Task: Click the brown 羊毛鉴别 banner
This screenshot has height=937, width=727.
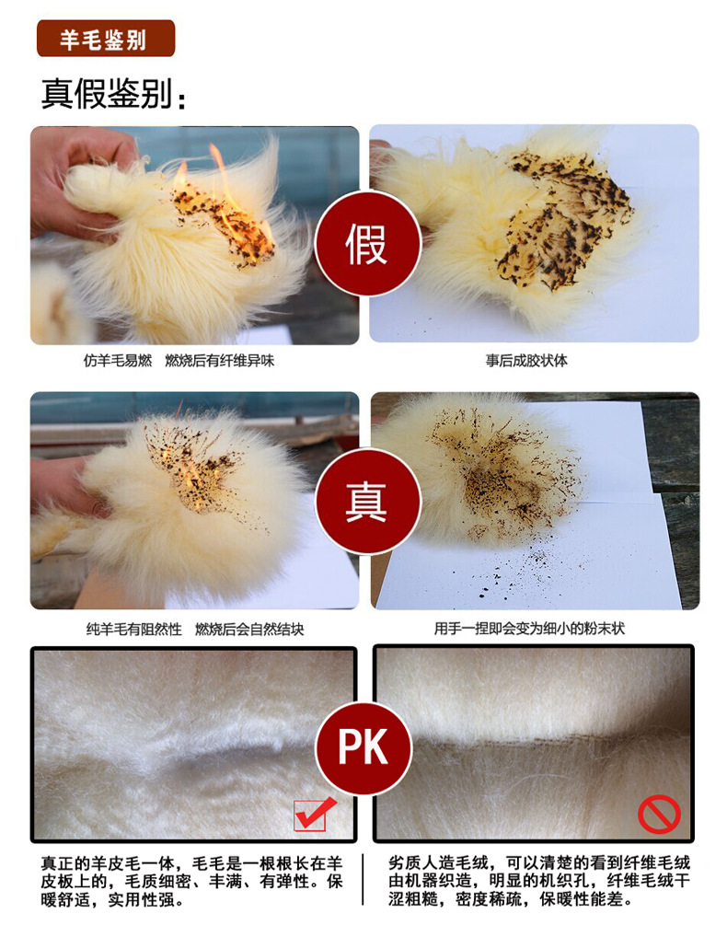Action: (x=105, y=39)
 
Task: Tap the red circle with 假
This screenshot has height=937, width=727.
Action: (x=366, y=245)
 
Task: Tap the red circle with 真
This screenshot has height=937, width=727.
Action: (x=366, y=502)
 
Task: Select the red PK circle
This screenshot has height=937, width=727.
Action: (x=364, y=746)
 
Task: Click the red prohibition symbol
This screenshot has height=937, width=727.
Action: (x=659, y=814)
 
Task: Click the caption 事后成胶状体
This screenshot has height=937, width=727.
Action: (x=526, y=361)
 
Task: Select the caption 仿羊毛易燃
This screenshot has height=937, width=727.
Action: (x=118, y=361)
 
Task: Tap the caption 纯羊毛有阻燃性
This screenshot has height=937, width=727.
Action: (x=133, y=630)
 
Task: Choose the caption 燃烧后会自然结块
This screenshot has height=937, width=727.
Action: (x=248, y=630)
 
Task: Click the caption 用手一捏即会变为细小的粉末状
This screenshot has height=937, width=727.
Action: (x=529, y=630)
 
